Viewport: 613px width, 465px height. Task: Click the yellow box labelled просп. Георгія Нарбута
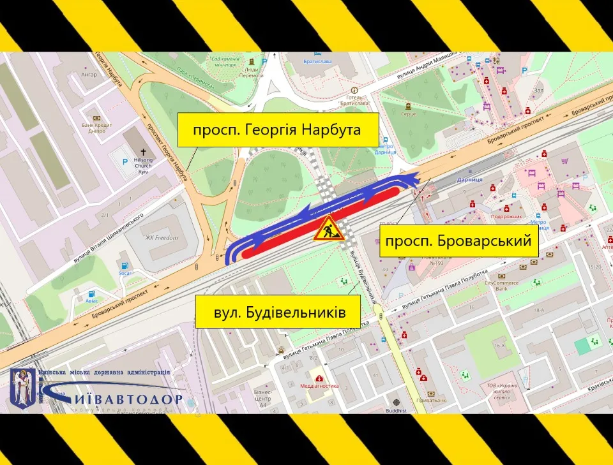[x=278, y=130]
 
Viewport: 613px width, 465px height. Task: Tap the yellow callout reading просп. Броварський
[x=458, y=240]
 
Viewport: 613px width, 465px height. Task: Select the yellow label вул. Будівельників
[x=279, y=313]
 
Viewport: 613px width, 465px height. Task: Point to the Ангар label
[x=89, y=75]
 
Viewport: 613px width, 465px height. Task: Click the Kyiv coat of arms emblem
[x=24, y=386]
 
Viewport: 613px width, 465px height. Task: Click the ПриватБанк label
[x=435, y=400]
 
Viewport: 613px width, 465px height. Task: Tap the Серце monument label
[x=409, y=114]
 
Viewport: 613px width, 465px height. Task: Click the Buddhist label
[x=396, y=411]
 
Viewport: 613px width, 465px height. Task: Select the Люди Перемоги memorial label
[x=254, y=73]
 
